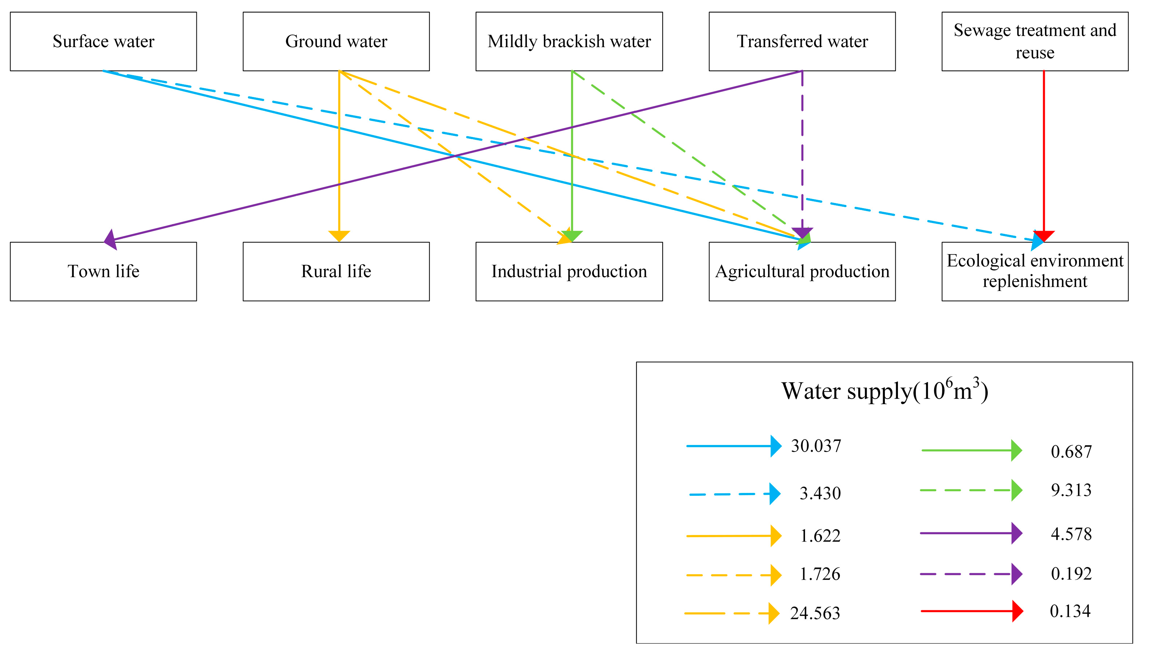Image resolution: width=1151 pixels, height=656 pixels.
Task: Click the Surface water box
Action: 103,41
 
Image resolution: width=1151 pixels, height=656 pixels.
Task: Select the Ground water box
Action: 336,41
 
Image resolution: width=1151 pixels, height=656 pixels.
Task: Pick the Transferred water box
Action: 802,41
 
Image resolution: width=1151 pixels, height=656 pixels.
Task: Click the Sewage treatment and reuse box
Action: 1034,41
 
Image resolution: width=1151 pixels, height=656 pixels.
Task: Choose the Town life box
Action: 103,271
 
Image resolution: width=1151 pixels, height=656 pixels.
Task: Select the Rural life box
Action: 336,271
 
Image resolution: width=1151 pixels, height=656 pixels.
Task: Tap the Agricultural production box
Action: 802,271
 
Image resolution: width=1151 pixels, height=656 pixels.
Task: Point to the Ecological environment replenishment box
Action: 1034,271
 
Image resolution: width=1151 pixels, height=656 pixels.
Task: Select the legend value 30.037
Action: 816,446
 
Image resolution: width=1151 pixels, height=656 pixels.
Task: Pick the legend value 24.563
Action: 815,613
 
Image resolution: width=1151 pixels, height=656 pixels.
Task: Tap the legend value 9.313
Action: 1071,490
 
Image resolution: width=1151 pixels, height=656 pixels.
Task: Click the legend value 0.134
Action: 1070,611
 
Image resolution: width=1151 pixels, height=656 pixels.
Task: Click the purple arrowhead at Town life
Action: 111,239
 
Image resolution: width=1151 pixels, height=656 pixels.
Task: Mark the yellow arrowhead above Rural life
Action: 339,236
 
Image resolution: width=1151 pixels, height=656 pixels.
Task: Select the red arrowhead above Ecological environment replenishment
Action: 1044,236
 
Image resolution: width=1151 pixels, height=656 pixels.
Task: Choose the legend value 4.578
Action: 1071,534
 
